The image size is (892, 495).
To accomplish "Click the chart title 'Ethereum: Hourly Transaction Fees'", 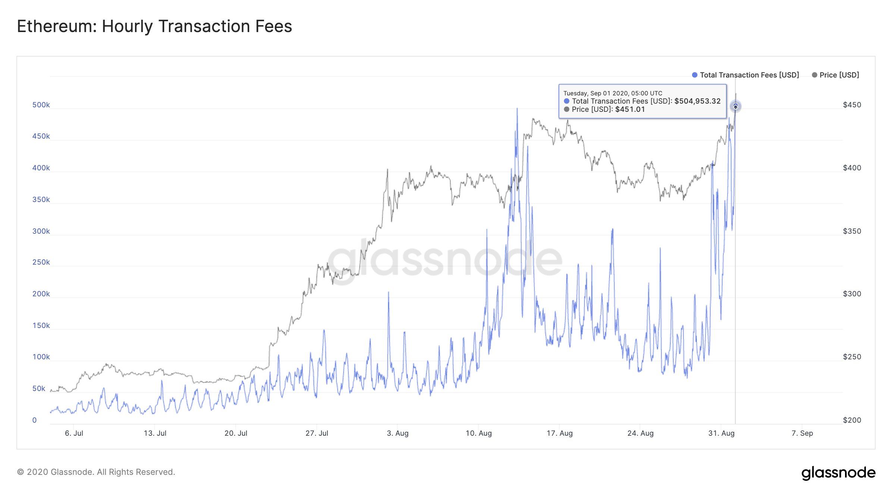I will coord(154,26).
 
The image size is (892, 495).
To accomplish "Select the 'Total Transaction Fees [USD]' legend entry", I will coord(749,75).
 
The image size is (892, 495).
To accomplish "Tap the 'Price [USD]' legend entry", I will coord(839,75).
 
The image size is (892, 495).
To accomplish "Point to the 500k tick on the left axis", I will coord(41,105).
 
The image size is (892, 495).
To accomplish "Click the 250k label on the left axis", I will coord(41,262).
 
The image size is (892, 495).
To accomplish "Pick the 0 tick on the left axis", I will coord(35,420).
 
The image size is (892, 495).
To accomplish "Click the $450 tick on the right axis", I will coord(852,105).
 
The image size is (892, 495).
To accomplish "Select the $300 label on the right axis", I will coord(852,294).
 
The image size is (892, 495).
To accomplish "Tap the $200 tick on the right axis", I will coord(852,420).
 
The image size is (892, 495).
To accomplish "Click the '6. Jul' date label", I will coord(74,433).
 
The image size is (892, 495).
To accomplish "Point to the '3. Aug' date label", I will coord(398,433).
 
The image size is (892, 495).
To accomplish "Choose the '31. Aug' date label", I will coord(721,433).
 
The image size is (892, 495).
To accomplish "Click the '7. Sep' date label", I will coord(802,433).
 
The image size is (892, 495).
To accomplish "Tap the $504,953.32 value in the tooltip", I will coord(697,101).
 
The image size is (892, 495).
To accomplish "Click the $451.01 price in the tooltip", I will coord(630,109).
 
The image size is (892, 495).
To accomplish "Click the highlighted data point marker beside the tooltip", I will coord(735,107).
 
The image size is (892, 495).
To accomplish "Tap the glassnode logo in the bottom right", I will coord(838,473).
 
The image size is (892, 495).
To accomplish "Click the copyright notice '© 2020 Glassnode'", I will coord(96,472).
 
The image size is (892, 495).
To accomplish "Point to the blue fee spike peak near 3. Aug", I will coord(388,293).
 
